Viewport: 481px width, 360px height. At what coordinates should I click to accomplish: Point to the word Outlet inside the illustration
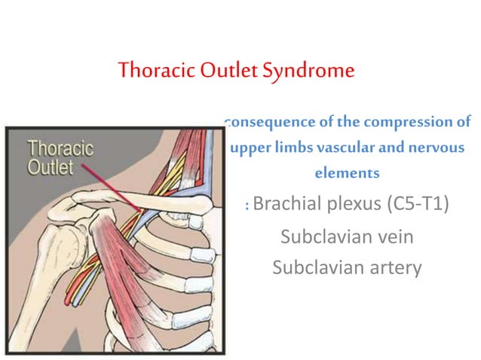click(51, 166)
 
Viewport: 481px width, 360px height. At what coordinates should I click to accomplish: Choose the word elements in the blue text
click(347, 173)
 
